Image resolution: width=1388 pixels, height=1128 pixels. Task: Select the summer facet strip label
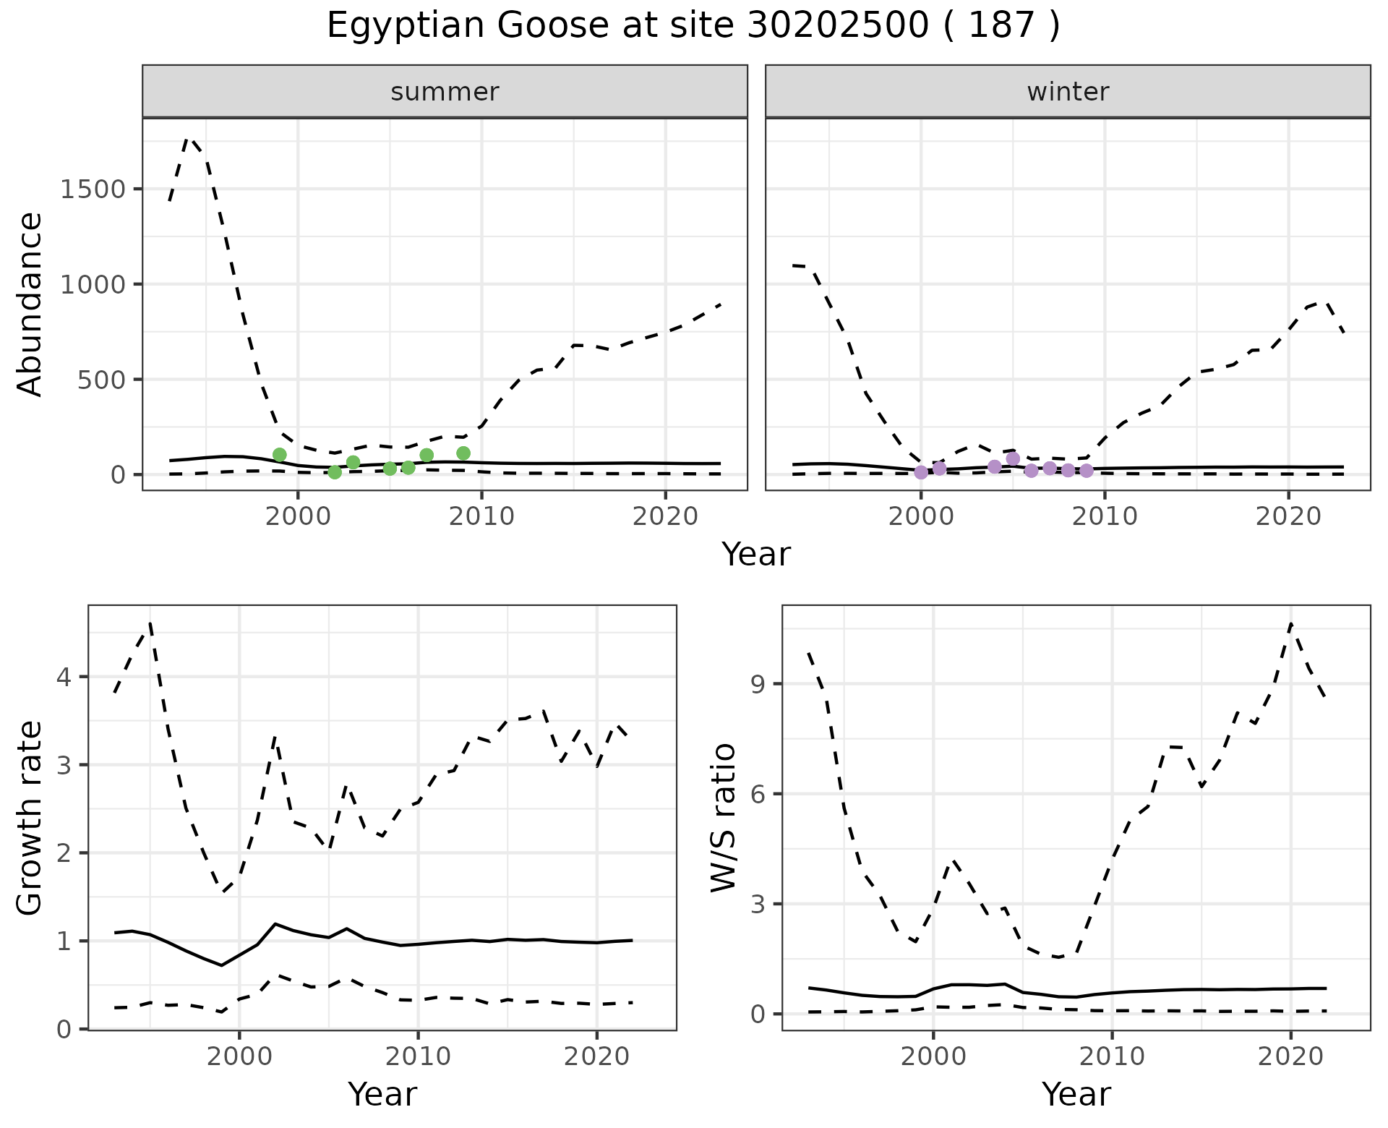tap(445, 92)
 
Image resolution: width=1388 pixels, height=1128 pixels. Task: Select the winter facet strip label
tap(1068, 92)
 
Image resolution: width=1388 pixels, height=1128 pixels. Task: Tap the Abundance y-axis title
tap(30, 304)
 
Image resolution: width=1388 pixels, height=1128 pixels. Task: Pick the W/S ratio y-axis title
tap(724, 817)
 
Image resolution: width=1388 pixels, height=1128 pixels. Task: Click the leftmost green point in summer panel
tap(280, 455)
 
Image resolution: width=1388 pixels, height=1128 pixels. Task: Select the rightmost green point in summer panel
tap(463, 453)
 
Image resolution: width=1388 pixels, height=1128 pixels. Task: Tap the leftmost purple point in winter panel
tap(921, 472)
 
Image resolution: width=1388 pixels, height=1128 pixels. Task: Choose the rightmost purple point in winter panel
tap(1087, 471)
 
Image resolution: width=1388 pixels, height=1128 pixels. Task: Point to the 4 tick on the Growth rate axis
tap(64, 678)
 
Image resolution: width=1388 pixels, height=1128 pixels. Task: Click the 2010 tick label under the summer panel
tap(481, 517)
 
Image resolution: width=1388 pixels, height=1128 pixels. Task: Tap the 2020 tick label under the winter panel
tap(1288, 517)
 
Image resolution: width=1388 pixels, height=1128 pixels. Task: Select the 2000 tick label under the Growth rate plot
tap(239, 1057)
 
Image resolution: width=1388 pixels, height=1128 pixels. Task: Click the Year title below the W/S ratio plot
tap(1076, 1094)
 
